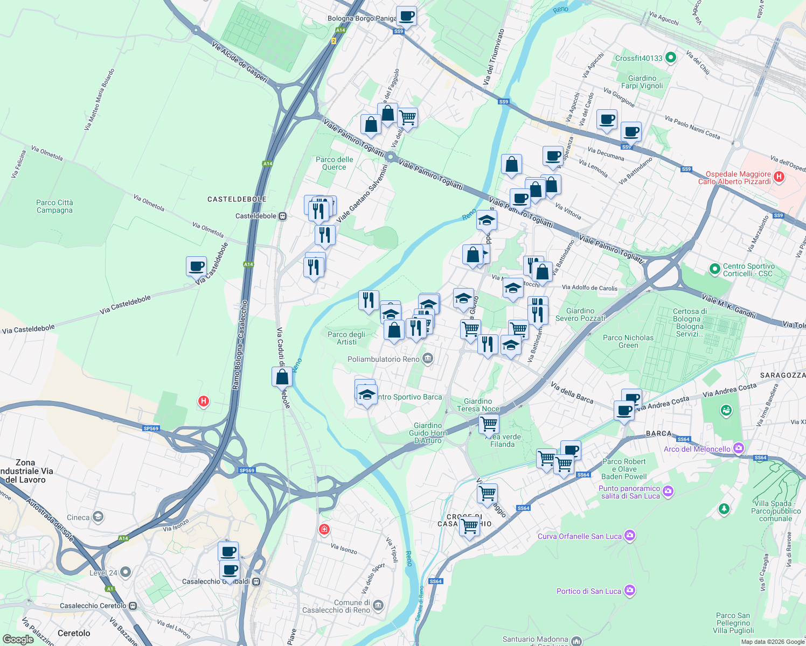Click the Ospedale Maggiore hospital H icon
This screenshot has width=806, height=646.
tap(778, 177)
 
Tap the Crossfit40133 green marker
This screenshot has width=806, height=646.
tap(671, 58)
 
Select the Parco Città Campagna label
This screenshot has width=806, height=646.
tap(54, 206)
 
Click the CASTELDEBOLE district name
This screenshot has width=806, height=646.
tap(237, 199)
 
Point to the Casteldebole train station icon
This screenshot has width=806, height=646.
tap(282, 216)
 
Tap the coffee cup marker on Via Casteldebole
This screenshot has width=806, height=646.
tap(196, 266)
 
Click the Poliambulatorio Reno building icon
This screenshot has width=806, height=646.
tap(428, 359)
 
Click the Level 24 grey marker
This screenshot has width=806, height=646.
tap(126, 572)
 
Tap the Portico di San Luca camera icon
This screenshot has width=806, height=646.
tap(630, 591)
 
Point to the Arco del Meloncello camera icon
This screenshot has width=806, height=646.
tap(739, 448)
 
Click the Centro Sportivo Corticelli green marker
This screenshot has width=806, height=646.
tap(714, 269)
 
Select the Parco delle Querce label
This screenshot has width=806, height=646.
tap(335, 163)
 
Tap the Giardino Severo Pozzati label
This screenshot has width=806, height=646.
tap(580, 314)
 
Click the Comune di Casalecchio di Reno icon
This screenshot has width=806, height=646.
tap(378, 606)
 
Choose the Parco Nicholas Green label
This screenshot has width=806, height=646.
tap(628, 341)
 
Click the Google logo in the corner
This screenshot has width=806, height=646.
tap(18, 639)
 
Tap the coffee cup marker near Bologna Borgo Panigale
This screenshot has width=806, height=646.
tap(406, 16)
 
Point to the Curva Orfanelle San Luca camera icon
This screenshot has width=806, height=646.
tap(630, 536)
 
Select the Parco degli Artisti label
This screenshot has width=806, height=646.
tap(346, 338)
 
